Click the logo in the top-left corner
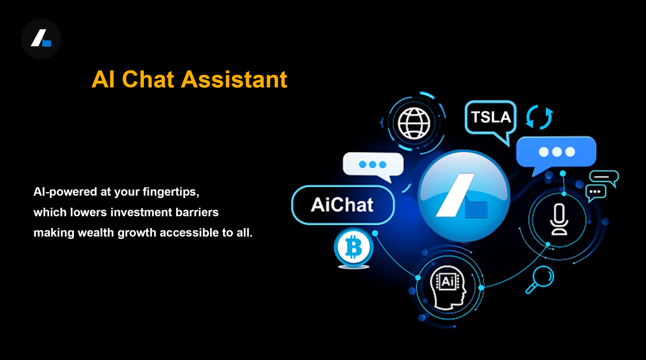click(41, 39)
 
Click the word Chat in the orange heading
click(148, 79)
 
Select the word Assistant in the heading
click(234, 79)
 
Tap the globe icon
click(414, 123)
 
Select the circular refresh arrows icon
click(539, 117)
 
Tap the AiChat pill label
click(343, 205)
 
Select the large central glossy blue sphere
click(464, 196)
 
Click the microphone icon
click(559, 219)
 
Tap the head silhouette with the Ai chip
click(448, 288)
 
